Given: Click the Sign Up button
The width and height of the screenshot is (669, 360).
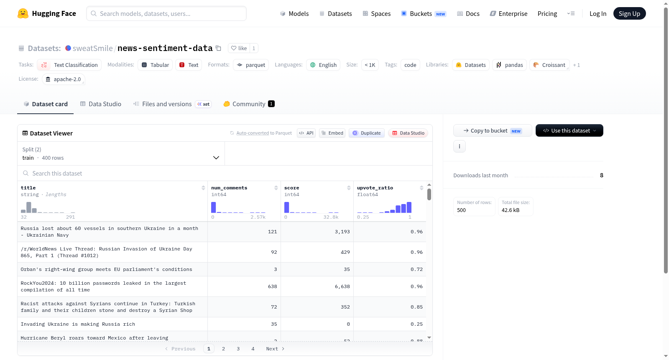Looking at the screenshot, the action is (629, 13).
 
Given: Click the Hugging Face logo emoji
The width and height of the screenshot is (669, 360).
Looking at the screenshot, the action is (23, 13).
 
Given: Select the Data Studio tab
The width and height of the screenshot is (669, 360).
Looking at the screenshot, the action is (101, 104).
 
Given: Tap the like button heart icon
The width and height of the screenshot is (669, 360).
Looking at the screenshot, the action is (234, 48).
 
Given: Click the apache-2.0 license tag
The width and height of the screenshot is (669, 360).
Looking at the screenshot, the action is (63, 79).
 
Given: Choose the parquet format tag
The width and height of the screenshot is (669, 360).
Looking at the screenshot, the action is (251, 65).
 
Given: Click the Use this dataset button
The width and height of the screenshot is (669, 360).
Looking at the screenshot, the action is (569, 130).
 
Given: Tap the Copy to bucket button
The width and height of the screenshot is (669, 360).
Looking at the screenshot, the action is (493, 130).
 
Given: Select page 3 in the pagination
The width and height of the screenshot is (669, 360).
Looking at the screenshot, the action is (238, 349).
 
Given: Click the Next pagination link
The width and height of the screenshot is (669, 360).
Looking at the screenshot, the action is (275, 349).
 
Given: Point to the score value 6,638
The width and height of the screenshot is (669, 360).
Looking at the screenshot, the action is (342, 286).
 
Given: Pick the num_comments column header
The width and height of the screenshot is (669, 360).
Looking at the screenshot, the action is (229, 188).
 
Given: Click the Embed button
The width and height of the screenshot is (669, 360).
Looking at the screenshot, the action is (332, 133).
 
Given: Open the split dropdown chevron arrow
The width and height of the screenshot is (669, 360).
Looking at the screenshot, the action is (216, 158).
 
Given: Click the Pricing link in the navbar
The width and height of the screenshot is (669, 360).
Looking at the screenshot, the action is (547, 13).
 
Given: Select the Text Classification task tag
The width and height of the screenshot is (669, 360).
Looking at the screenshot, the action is (69, 65).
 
